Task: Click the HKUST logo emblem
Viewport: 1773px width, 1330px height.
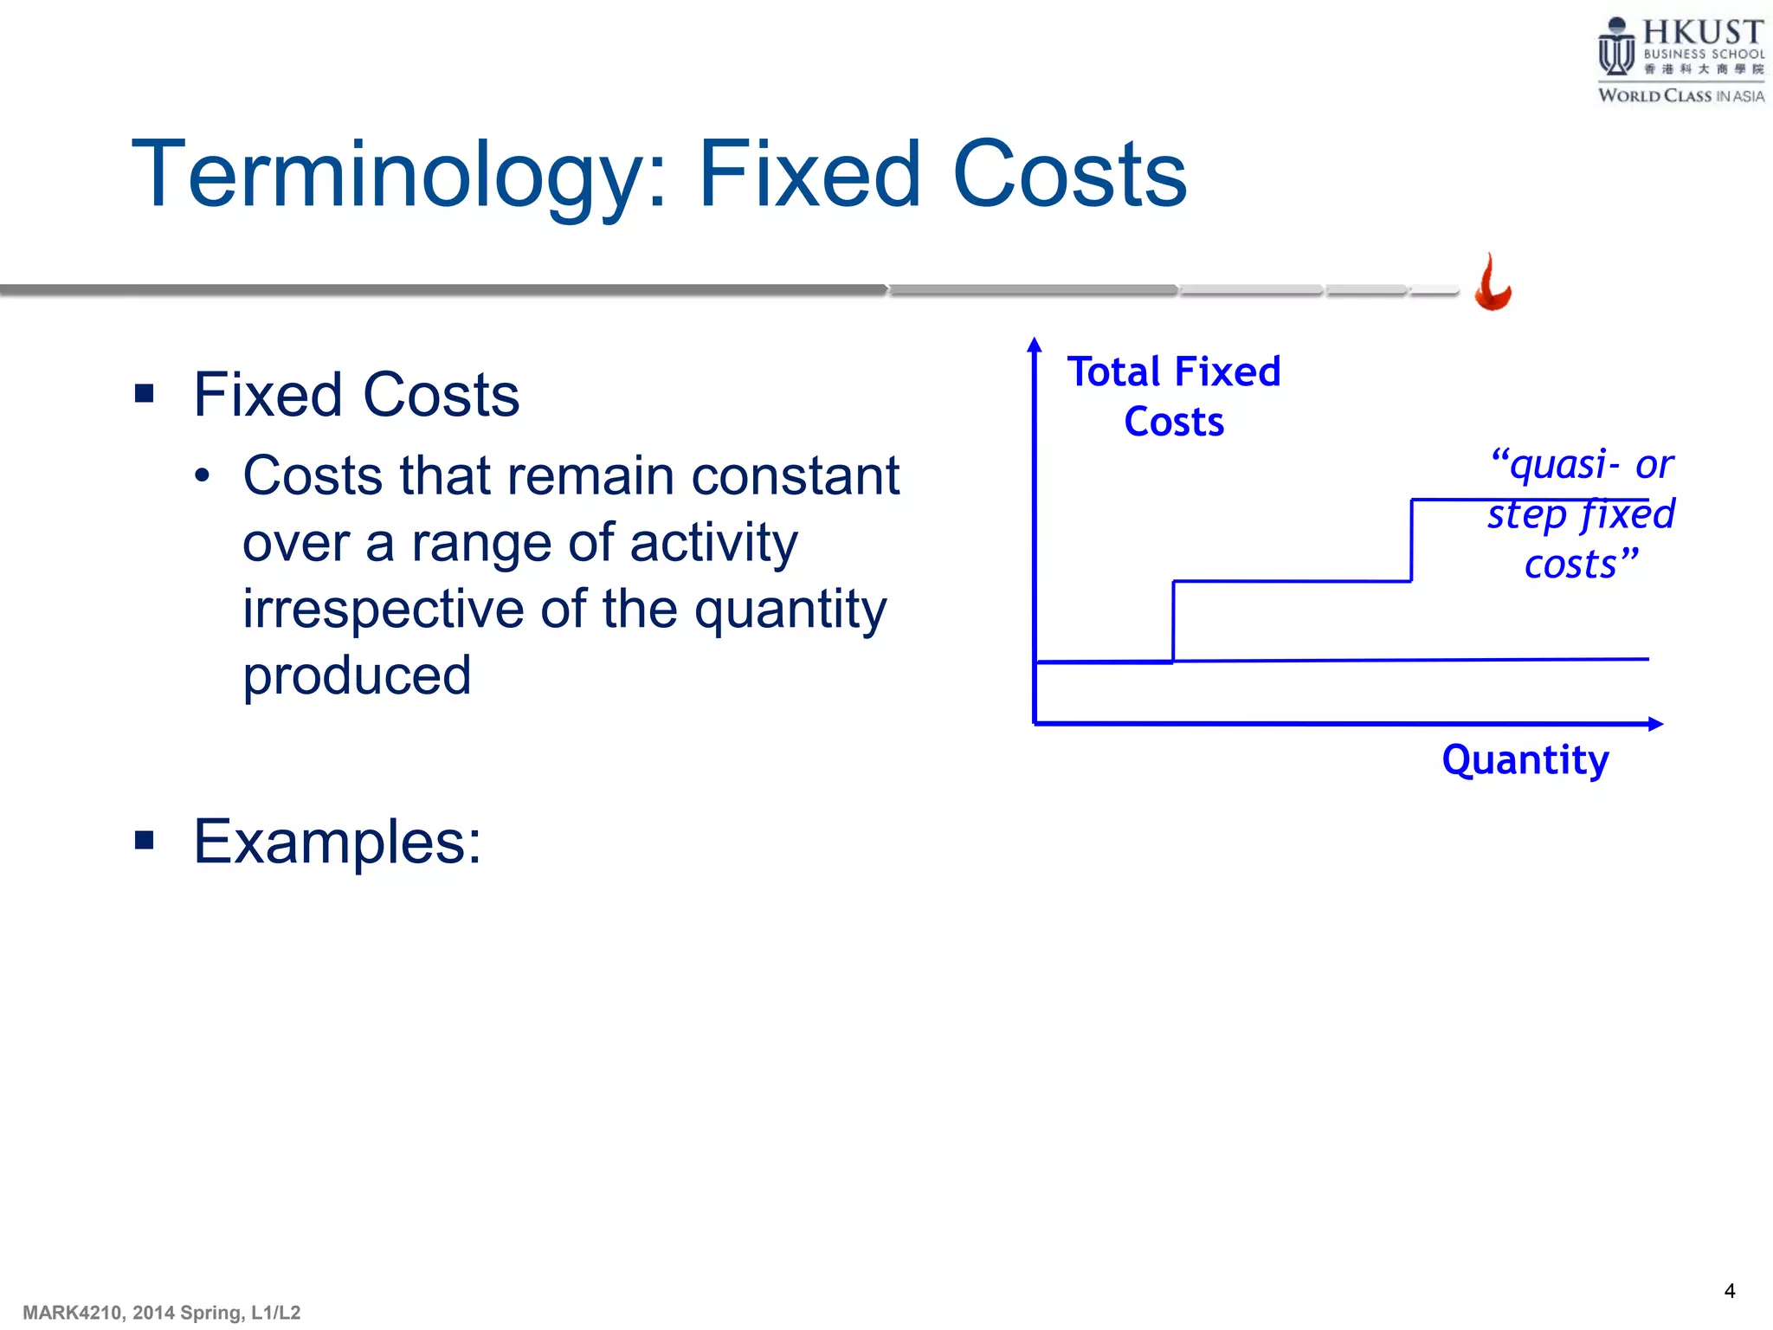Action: [1615, 48]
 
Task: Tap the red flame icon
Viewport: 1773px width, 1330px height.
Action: [1493, 284]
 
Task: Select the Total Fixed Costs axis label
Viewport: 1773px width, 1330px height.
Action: [1173, 397]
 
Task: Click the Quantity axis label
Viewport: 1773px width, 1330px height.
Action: [1525, 760]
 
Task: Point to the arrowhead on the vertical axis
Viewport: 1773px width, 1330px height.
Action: [1034, 345]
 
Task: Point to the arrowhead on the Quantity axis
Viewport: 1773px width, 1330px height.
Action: [1654, 724]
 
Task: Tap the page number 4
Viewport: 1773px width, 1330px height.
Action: [1729, 1291]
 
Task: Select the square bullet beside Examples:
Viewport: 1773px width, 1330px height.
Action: [145, 840]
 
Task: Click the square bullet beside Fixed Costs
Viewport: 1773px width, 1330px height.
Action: [145, 394]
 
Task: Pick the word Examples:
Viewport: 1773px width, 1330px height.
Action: [337, 842]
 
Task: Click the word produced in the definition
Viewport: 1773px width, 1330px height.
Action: [357, 675]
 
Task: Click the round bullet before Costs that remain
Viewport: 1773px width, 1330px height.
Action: [203, 475]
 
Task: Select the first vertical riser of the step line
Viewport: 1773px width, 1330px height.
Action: [1173, 622]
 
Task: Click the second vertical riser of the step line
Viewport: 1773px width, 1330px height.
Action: [1412, 540]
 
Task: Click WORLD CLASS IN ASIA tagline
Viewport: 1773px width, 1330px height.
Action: [1680, 96]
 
